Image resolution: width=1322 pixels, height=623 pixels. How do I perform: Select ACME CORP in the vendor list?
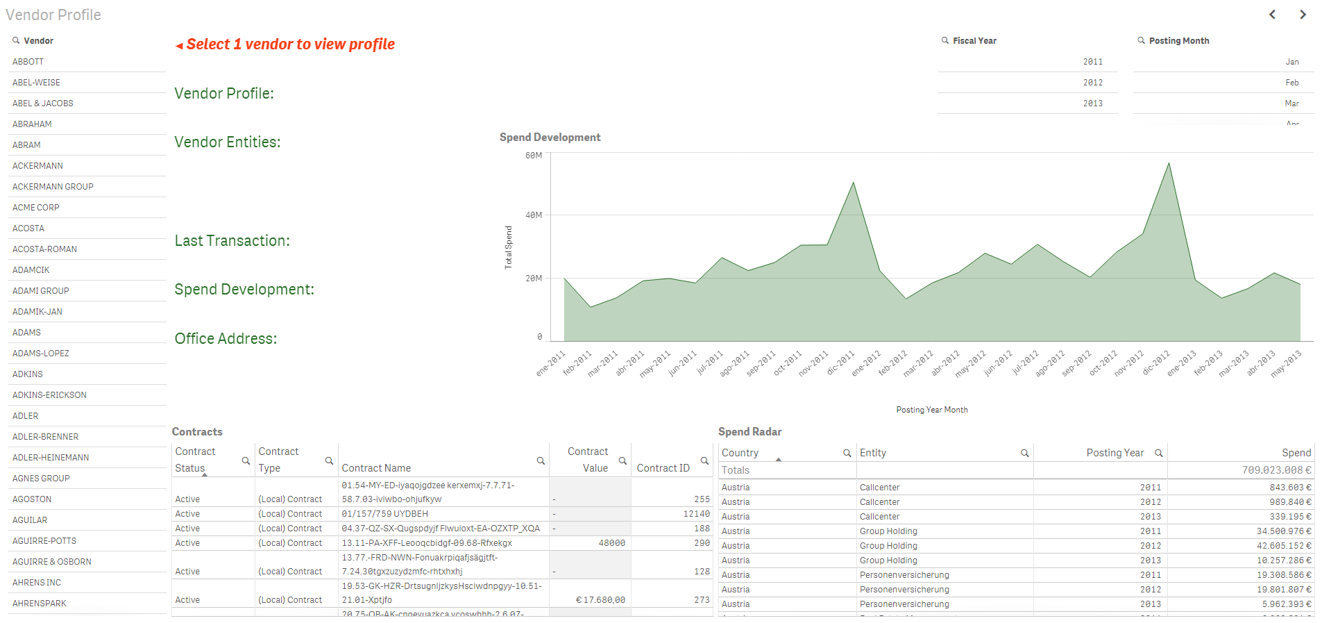point(36,208)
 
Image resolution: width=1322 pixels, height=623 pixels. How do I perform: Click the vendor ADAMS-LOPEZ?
point(41,354)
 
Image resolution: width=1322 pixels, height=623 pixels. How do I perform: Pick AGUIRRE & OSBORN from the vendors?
point(52,562)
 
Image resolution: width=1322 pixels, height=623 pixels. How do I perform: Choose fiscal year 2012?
point(1092,83)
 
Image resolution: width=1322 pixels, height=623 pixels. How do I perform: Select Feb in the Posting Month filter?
point(1291,83)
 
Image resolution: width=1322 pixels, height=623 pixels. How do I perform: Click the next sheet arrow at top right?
point(1303,15)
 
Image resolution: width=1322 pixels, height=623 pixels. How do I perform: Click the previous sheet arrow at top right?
point(1272,15)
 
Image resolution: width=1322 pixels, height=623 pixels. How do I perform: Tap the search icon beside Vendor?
point(16,41)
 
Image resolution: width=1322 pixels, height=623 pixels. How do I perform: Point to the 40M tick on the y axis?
point(534,215)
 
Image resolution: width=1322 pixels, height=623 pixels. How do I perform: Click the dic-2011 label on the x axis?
point(841,362)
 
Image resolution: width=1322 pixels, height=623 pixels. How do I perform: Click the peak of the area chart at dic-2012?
point(1169,164)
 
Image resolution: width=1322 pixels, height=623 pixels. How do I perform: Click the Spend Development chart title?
point(550,138)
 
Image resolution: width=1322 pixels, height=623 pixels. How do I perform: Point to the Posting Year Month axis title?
point(931,410)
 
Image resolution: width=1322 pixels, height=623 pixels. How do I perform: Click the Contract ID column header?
point(663,468)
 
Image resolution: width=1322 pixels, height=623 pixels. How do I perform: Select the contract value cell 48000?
point(611,543)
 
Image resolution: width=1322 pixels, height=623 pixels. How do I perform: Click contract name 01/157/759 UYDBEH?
point(384,514)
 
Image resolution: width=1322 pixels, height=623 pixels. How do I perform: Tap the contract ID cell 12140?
point(696,514)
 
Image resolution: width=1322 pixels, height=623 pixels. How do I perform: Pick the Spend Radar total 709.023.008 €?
point(1276,470)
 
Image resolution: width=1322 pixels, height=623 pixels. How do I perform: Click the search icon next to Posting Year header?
point(1158,453)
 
